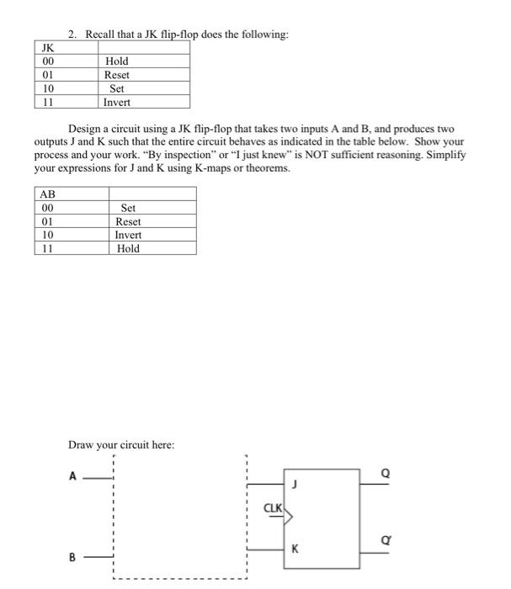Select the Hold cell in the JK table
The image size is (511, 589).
(x=117, y=61)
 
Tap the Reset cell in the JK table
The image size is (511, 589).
(x=117, y=75)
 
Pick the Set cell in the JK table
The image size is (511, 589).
(x=117, y=88)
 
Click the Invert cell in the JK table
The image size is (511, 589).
(x=117, y=102)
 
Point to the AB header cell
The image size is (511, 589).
(x=48, y=194)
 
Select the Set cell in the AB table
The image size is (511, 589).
(x=129, y=208)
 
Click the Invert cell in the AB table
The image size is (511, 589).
(x=129, y=235)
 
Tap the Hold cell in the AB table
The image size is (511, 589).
(x=129, y=248)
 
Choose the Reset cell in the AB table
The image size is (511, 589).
(x=129, y=221)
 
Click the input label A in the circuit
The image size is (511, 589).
(x=73, y=477)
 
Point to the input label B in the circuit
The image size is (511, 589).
(x=73, y=555)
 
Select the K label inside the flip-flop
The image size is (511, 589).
(x=295, y=549)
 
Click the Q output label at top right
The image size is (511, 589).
(x=386, y=475)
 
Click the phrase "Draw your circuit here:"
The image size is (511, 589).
(x=121, y=443)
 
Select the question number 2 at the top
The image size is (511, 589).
(x=72, y=34)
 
